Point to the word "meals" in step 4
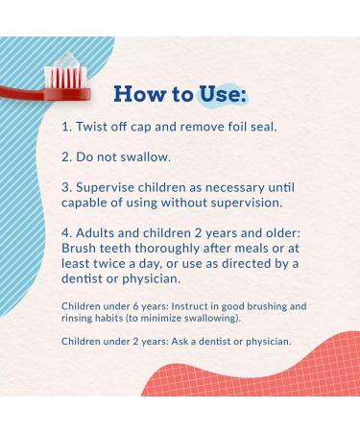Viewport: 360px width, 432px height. pyautogui.click(x=242, y=250)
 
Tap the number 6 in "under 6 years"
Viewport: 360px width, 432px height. pyautogui.click(x=131, y=305)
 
